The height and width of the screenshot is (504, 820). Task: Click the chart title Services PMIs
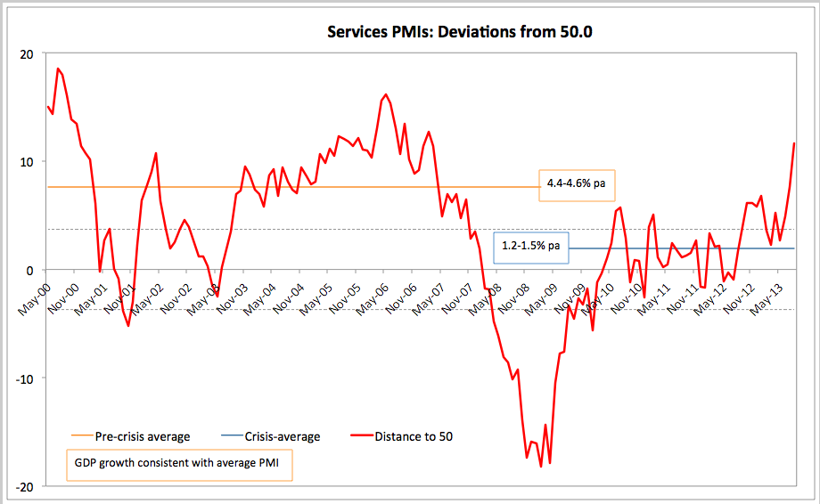coord(460,33)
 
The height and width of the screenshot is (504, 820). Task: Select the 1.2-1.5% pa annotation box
coord(530,245)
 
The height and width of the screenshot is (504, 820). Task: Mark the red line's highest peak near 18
coord(58,69)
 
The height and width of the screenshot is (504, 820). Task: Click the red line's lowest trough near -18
coord(540,466)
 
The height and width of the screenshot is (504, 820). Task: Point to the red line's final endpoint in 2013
coord(794,143)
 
